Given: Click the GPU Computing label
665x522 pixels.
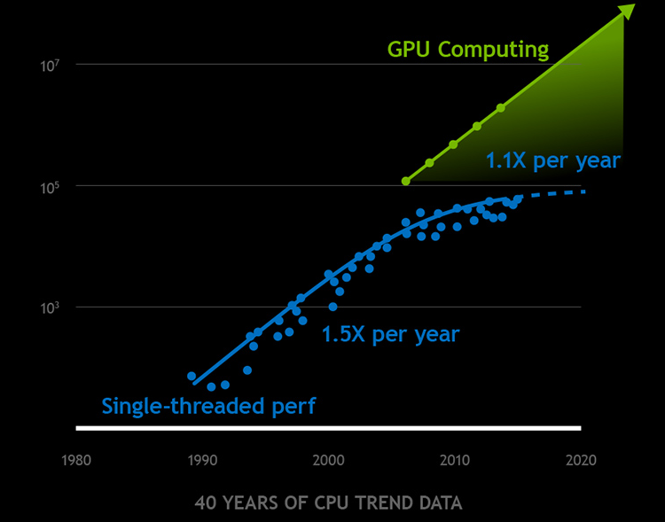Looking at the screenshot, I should pos(467,50).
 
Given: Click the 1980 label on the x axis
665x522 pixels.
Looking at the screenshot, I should pos(76,460).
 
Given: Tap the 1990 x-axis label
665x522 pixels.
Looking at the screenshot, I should pos(203,460).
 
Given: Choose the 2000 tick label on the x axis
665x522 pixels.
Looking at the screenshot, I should pos(329,460).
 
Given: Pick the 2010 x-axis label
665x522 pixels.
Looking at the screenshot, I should pos(455,460).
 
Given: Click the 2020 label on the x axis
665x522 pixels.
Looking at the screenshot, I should pos(581,460).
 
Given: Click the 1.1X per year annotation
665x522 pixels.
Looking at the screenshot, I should pos(552,161).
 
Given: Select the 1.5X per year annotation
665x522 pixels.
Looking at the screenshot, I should pos(390,335).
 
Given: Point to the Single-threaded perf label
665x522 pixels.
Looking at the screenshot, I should pos(208,407).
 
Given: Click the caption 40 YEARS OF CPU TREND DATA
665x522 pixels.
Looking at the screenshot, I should pos(328,503).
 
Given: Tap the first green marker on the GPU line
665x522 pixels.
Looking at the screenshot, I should pos(406,181).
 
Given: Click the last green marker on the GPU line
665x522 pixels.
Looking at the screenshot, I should pos(501,108).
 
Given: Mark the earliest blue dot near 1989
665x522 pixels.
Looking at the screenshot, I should pos(192,377).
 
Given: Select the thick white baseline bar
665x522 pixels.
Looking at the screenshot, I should pos(328,429).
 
